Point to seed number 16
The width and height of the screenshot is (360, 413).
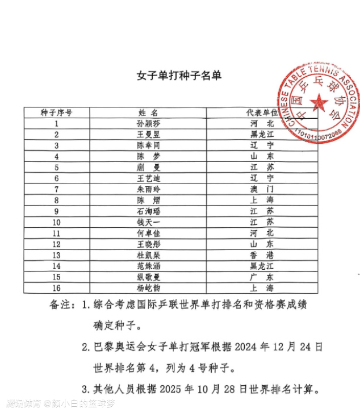point(56,288)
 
